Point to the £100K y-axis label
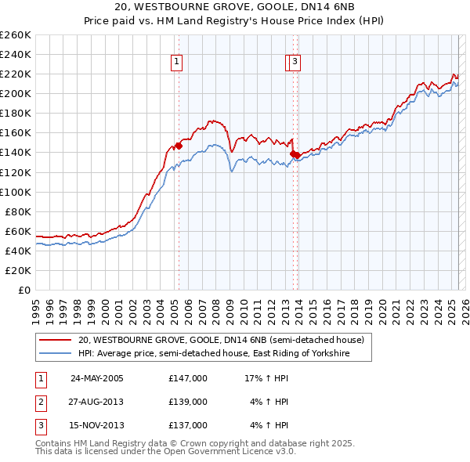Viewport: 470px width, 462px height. (x=16, y=192)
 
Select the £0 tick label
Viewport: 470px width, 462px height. (x=24, y=290)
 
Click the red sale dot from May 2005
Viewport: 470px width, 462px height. (x=179, y=146)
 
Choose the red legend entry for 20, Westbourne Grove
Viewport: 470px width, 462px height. (x=220, y=341)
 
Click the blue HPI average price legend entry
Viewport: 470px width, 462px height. (x=212, y=354)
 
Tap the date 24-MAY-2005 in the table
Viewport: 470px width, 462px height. (x=97, y=378)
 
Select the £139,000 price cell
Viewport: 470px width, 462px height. (x=188, y=402)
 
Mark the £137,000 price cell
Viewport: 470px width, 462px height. (x=188, y=425)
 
